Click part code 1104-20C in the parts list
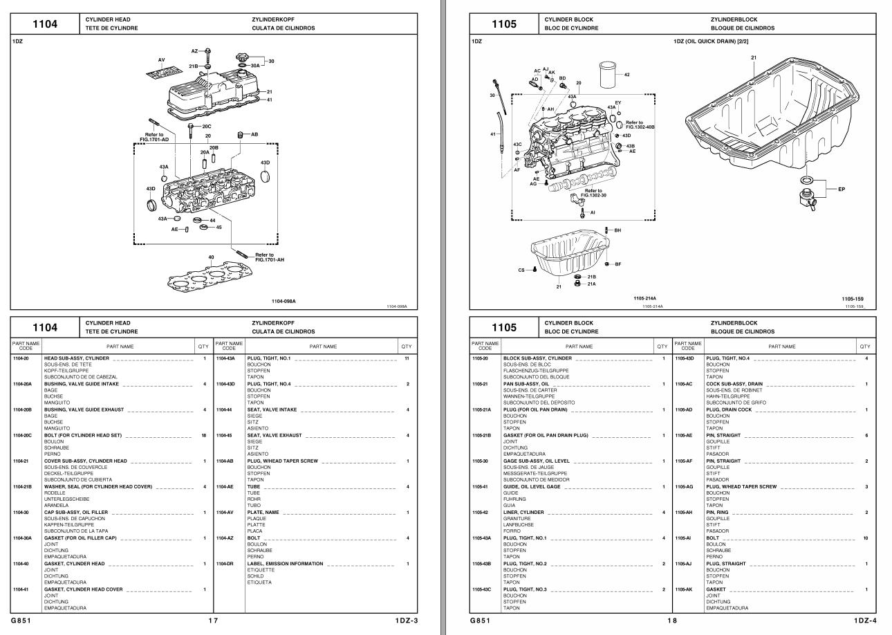[23, 435]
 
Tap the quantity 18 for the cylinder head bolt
[204, 435]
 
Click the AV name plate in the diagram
[160, 70]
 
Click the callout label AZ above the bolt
[194, 51]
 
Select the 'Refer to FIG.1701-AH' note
[265, 257]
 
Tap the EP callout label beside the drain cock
[841, 189]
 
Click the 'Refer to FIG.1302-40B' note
[640, 125]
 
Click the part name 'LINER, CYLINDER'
[524, 512]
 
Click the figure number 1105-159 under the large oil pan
[852, 299]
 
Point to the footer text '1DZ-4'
[864, 620]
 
